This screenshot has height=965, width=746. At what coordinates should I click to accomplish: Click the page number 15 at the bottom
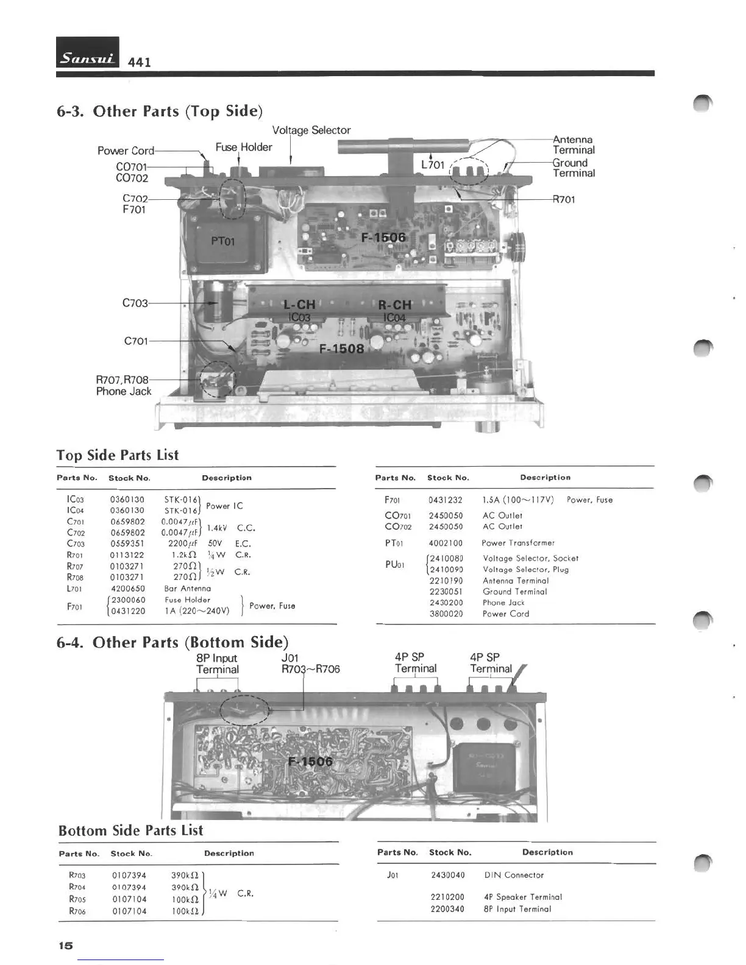pyautogui.click(x=65, y=945)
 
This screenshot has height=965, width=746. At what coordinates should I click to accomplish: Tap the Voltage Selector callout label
pyautogui.click(x=311, y=130)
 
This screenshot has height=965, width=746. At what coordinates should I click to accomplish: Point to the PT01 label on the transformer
pyautogui.click(x=223, y=241)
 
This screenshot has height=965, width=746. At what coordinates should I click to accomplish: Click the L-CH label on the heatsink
pyautogui.click(x=299, y=305)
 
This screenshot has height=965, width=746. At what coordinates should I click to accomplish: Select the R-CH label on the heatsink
pyautogui.click(x=394, y=305)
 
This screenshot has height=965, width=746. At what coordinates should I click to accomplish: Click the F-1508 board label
pyautogui.click(x=341, y=349)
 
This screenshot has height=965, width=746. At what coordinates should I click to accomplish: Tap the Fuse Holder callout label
pyautogui.click(x=244, y=147)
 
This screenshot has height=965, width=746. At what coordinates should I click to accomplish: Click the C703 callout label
pyautogui.click(x=135, y=303)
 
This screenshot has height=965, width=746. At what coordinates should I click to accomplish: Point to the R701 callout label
pyautogui.click(x=564, y=200)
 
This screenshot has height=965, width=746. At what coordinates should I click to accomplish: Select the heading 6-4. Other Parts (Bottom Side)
pyautogui.click(x=172, y=643)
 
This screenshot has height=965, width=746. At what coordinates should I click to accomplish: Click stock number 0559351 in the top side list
pyautogui.click(x=127, y=544)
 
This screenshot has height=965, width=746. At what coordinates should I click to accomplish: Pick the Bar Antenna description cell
pyautogui.click(x=188, y=589)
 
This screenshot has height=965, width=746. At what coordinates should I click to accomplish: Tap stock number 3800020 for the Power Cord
pyautogui.click(x=446, y=614)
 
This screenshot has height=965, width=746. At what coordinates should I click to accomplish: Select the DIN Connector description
pyautogui.click(x=514, y=875)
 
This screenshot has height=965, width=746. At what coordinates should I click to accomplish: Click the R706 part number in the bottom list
pyautogui.click(x=77, y=911)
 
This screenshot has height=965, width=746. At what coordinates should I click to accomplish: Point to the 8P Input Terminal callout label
pyautogui.click(x=217, y=664)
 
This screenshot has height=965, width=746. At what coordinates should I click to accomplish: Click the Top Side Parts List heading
pyautogui.click(x=118, y=456)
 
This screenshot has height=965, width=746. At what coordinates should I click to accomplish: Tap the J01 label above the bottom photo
pyautogui.click(x=290, y=658)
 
